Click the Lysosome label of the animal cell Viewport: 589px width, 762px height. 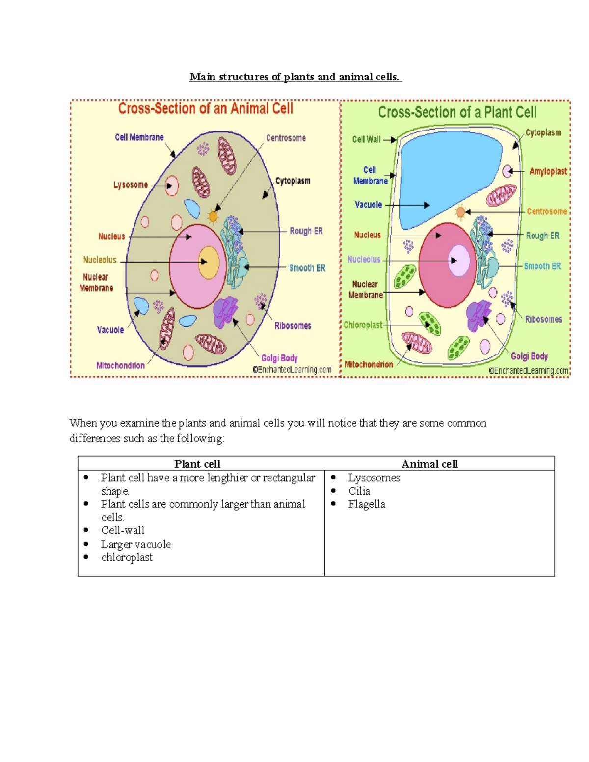point(131,185)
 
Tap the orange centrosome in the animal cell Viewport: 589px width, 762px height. point(213,216)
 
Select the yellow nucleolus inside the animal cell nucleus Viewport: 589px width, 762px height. point(209,262)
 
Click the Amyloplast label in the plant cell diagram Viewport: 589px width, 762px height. point(548,171)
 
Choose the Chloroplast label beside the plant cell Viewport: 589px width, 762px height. point(363,325)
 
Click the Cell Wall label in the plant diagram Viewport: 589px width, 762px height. point(366,139)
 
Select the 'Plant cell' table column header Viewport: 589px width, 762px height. point(197,464)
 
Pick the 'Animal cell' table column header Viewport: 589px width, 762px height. point(429,464)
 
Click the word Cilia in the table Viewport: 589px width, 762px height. point(359,491)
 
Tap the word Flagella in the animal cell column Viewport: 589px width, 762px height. point(367,504)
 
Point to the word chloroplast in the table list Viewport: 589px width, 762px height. point(127,557)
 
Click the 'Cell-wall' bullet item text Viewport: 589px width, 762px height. point(123,530)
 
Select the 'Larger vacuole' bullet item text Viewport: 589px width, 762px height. point(136,544)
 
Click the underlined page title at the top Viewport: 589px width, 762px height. point(295,77)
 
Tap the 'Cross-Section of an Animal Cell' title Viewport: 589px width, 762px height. point(205,108)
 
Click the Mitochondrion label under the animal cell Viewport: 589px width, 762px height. point(120,366)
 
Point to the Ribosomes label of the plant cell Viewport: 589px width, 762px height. point(543,319)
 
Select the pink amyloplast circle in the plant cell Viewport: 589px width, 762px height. point(508,171)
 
